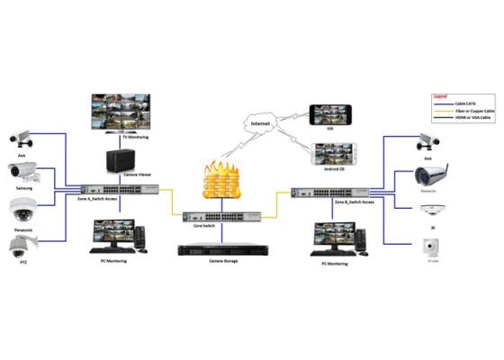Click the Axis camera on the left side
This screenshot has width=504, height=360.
tap(21, 138)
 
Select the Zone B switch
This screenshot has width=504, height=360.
tap(329, 193)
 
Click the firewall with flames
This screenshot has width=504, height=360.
tap(218, 182)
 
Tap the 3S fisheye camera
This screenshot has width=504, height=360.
tap(428, 209)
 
